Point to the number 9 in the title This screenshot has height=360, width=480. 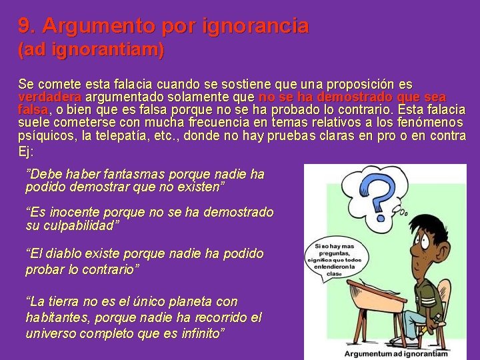click(x=24, y=26)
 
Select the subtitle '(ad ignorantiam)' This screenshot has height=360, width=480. click(x=91, y=49)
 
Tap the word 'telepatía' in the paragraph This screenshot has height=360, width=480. click(x=125, y=135)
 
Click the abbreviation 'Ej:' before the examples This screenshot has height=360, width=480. click(x=25, y=151)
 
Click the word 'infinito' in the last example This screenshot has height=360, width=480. click(x=200, y=333)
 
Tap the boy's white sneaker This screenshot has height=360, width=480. click(x=400, y=340)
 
